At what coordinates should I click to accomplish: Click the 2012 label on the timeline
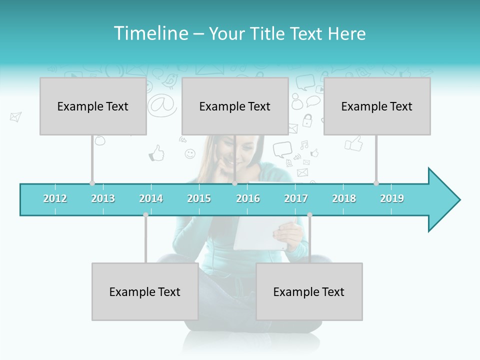tap(55, 198)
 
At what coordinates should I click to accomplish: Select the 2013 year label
tap(103, 198)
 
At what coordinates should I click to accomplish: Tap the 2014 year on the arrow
tap(151, 198)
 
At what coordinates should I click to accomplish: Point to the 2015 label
tap(199, 198)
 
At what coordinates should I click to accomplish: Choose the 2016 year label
tap(248, 198)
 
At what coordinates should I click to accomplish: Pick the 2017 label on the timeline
tap(296, 198)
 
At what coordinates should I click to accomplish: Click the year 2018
tap(344, 198)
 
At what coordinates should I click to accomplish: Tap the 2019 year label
tap(392, 198)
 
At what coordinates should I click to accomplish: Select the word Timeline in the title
tap(150, 33)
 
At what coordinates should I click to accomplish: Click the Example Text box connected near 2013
tap(93, 106)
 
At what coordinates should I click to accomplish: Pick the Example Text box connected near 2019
tap(377, 106)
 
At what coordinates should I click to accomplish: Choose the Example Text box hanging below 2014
tap(145, 291)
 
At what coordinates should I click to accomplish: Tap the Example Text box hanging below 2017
tap(309, 291)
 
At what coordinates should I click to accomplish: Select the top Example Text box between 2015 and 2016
tap(235, 106)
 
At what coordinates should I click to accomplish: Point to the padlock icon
tap(307, 120)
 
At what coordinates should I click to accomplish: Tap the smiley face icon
tap(190, 154)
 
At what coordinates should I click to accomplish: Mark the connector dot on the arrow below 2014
tap(145, 214)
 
